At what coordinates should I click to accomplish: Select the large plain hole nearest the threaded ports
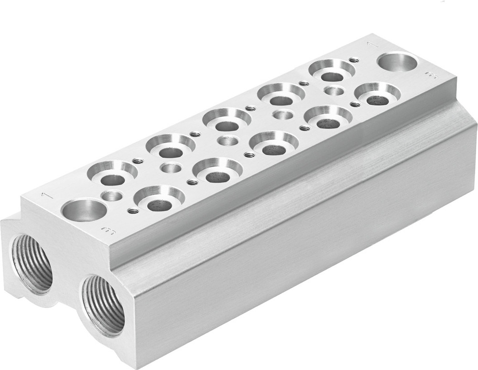(84, 211)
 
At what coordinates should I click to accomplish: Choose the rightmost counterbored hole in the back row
(332, 71)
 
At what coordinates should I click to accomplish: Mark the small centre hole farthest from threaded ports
(333, 90)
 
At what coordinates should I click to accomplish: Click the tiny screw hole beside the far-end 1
(354, 60)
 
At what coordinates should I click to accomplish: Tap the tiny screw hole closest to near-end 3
(133, 211)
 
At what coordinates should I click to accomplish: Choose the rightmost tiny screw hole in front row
(355, 104)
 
